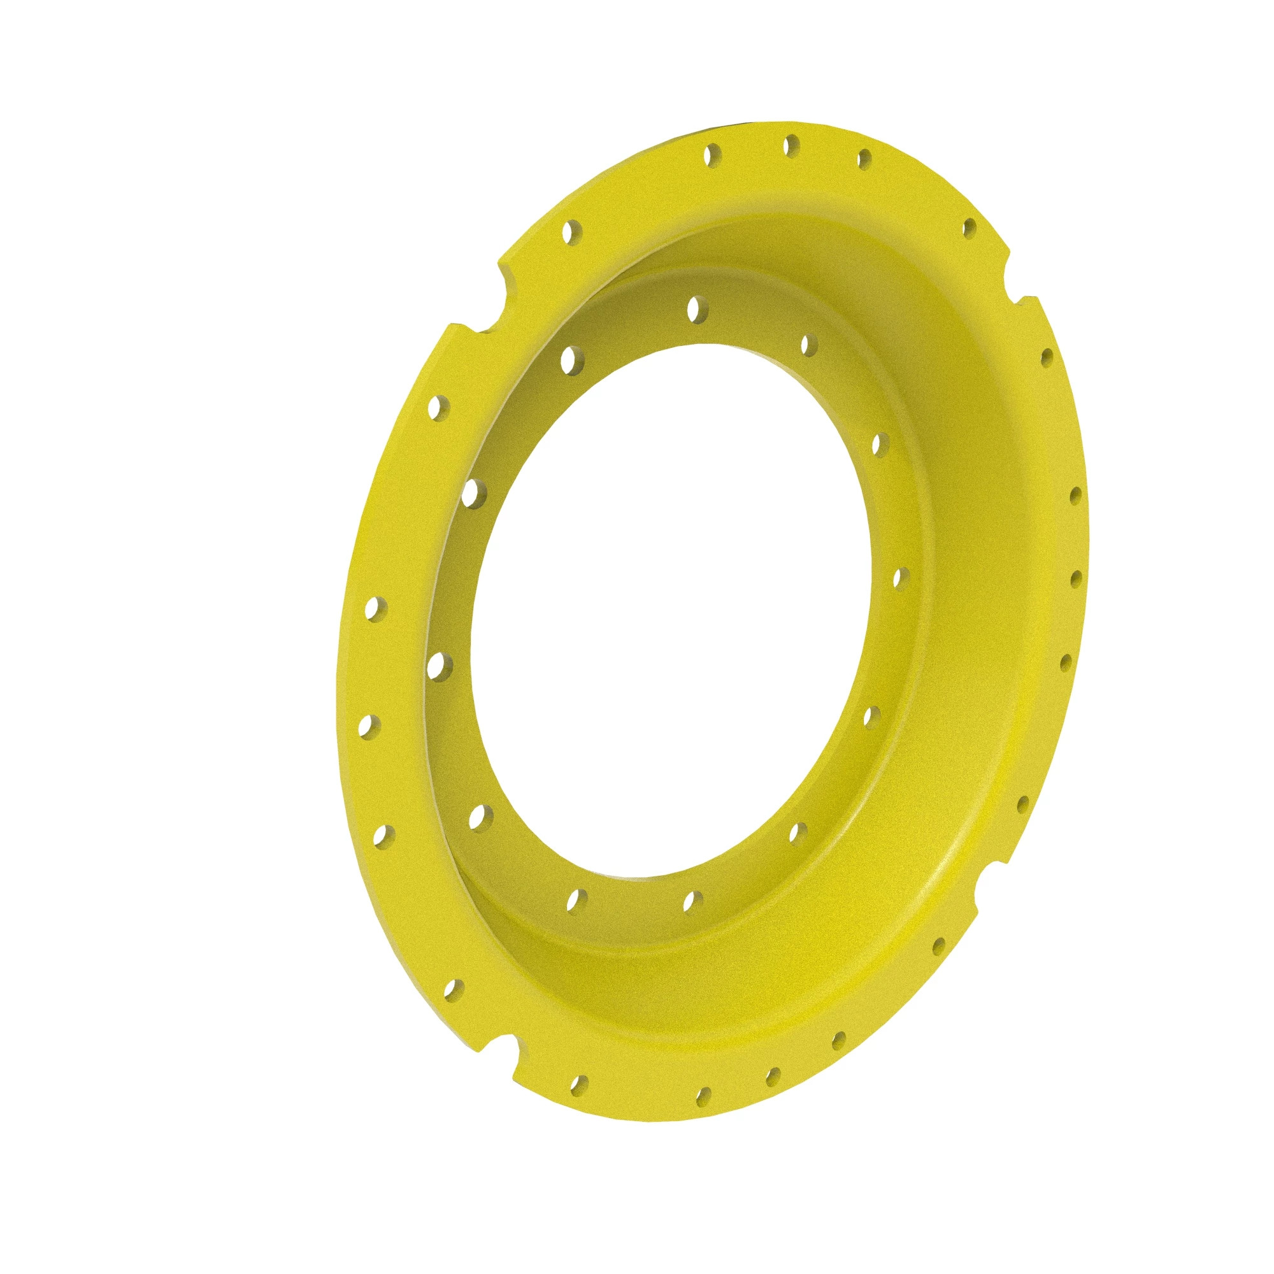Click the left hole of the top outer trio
[711, 156]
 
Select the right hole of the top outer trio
[864, 158]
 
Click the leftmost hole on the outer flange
[364, 727]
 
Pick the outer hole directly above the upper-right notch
[969, 229]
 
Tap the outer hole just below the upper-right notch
[1046, 357]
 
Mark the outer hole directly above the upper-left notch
[571, 231]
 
